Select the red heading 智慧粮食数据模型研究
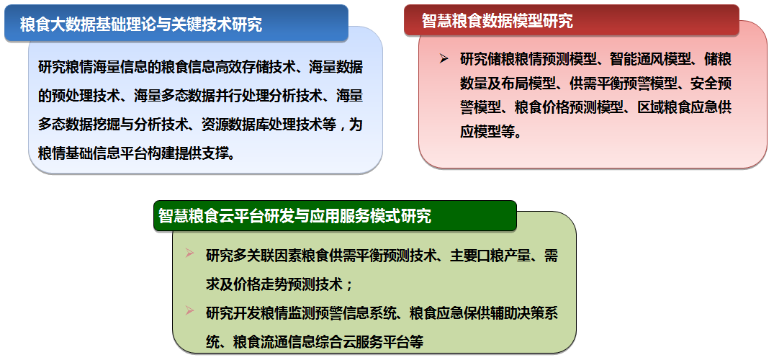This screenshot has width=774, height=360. [497, 21]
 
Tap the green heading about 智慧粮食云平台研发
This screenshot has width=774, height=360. [294, 216]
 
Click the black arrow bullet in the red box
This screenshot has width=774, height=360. [444, 59]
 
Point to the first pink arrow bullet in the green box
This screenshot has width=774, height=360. [189, 254]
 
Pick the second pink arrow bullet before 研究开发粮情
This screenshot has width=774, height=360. [189, 310]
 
